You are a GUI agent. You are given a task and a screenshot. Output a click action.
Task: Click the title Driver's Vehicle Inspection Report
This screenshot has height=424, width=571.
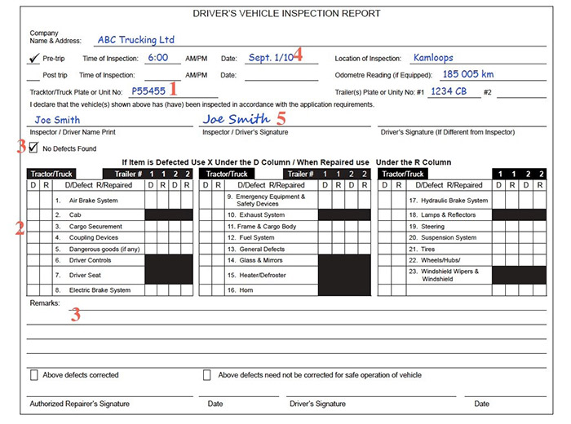[x=285, y=15]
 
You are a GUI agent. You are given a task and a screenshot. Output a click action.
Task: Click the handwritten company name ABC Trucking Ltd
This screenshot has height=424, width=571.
[x=136, y=39]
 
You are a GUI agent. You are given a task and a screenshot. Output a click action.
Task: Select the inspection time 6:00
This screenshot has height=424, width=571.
[x=158, y=59]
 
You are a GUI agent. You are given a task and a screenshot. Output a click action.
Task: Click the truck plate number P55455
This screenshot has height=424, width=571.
[x=148, y=91]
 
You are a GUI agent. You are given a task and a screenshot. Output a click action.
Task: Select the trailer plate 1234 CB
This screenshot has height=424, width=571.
[x=449, y=91]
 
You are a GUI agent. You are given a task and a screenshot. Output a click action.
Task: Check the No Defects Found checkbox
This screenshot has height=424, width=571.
[x=33, y=148]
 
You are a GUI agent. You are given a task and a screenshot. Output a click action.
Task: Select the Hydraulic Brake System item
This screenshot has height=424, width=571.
[x=454, y=201]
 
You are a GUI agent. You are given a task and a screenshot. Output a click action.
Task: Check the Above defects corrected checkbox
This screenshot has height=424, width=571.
[x=34, y=375]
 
